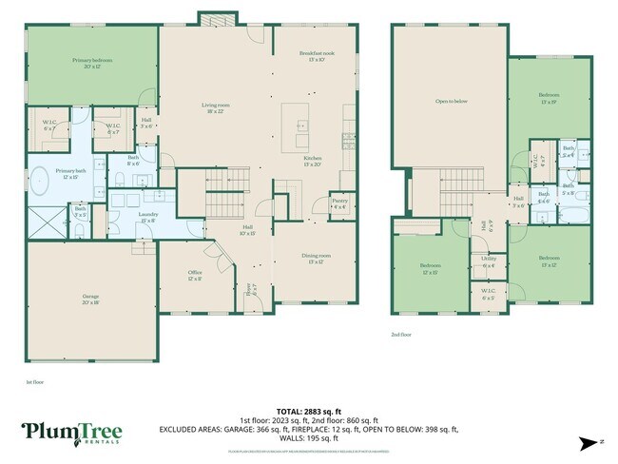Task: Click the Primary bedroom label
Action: click(x=92, y=63)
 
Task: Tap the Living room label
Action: click(x=213, y=107)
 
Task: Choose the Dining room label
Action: click(x=317, y=259)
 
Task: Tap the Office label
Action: click(x=195, y=274)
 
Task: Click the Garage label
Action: click(x=89, y=299)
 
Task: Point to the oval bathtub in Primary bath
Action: click(x=40, y=181)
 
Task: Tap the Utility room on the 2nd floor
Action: click(x=489, y=261)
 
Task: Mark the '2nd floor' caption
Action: click(x=401, y=335)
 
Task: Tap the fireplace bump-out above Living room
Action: click(x=211, y=18)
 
